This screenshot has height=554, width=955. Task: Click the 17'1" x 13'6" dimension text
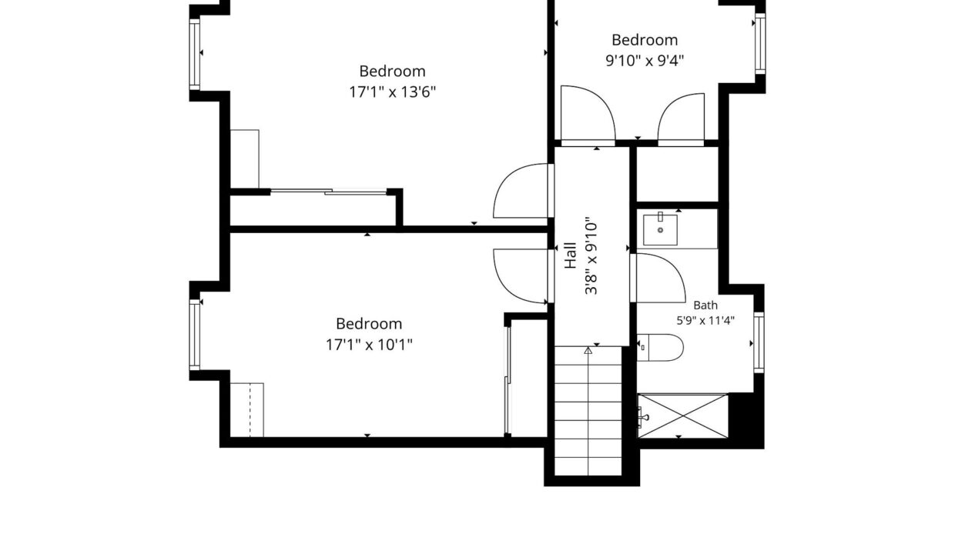(x=392, y=92)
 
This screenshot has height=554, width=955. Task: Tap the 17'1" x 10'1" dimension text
(x=369, y=345)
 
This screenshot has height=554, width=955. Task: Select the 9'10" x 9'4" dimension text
(x=645, y=61)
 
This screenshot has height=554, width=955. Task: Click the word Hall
(x=571, y=255)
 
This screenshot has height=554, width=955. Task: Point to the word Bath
(x=705, y=305)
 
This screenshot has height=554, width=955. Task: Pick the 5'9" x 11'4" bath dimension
(x=705, y=320)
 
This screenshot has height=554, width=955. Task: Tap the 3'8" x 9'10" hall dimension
(x=591, y=255)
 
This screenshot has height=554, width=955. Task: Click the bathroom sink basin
(x=660, y=230)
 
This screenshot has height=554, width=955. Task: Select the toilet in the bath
(x=660, y=348)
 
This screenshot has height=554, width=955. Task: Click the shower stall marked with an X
(x=683, y=416)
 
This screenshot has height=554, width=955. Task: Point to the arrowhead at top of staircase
(x=588, y=350)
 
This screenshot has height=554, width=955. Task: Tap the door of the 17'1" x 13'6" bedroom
(x=521, y=191)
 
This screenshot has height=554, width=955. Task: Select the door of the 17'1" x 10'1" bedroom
(x=521, y=276)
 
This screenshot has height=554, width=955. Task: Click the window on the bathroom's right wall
(x=759, y=342)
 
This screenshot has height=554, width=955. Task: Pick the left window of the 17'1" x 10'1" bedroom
(x=194, y=335)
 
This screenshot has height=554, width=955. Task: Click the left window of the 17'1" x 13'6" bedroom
(x=194, y=55)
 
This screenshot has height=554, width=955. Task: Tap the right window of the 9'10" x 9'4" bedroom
(x=760, y=43)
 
